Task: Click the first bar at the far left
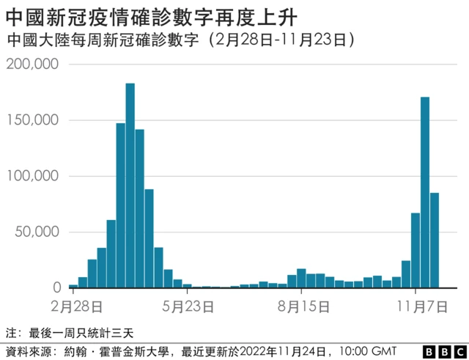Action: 73,286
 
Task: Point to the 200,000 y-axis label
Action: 32,65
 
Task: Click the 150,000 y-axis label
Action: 32,120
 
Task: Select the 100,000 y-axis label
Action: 32,176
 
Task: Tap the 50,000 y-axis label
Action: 36,232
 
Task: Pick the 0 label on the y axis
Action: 56,288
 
